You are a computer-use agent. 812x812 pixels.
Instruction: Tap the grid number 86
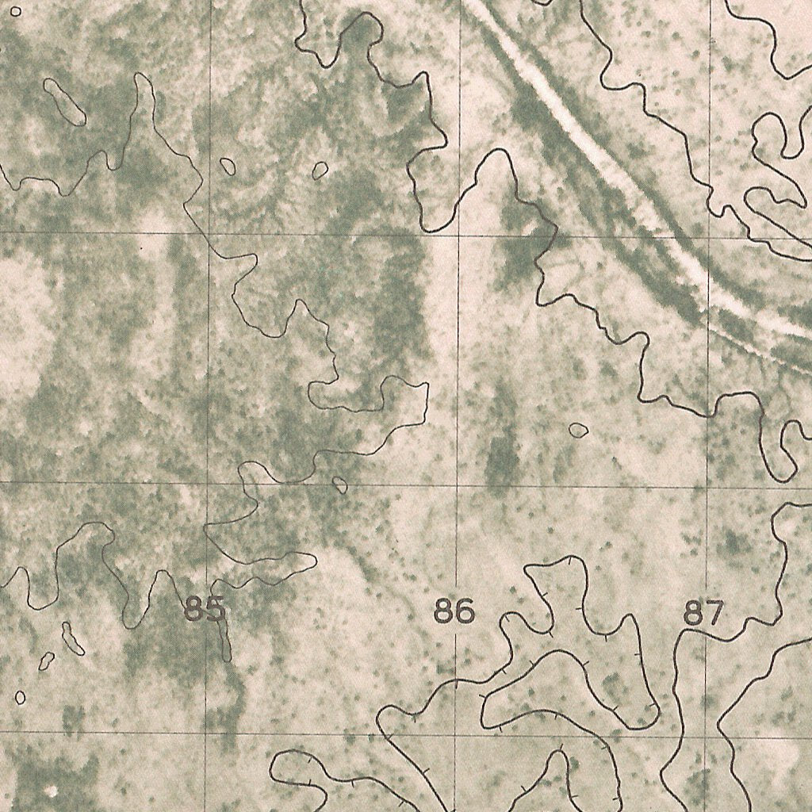(x=454, y=612)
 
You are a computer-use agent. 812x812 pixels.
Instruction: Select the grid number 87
(x=704, y=613)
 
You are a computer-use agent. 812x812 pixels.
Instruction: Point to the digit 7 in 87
(x=714, y=613)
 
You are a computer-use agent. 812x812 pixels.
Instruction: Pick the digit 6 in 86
(x=465, y=612)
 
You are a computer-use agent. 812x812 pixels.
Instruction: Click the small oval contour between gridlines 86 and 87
(x=578, y=430)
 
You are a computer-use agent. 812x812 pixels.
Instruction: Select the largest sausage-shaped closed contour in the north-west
(x=65, y=101)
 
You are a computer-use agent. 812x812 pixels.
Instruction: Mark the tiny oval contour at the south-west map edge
(x=20, y=697)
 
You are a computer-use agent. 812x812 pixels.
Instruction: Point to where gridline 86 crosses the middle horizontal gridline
(x=458, y=485)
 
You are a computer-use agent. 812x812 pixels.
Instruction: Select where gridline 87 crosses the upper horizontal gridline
(x=709, y=237)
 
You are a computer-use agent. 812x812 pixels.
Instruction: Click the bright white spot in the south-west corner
(x=52, y=791)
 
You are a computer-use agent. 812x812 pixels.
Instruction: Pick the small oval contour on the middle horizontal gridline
(x=340, y=485)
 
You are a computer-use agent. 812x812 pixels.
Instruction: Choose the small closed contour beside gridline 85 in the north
(x=228, y=167)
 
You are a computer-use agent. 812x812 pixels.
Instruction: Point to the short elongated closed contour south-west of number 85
(x=73, y=638)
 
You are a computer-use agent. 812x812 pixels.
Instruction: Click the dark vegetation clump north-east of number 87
(x=733, y=543)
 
